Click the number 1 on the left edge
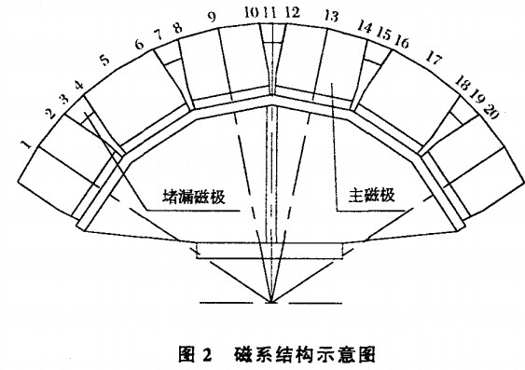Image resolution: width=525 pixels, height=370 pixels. (27, 144)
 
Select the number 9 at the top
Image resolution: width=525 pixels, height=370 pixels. (212, 16)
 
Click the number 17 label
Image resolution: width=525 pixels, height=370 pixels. (433, 59)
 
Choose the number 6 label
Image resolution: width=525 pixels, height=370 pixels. (141, 44)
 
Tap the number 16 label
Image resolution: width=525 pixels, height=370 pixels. (402, 43)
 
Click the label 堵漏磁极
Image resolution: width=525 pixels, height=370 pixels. (194, 199)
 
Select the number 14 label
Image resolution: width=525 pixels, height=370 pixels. (366, 27)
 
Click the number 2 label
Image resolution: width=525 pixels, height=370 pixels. (48, 115)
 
